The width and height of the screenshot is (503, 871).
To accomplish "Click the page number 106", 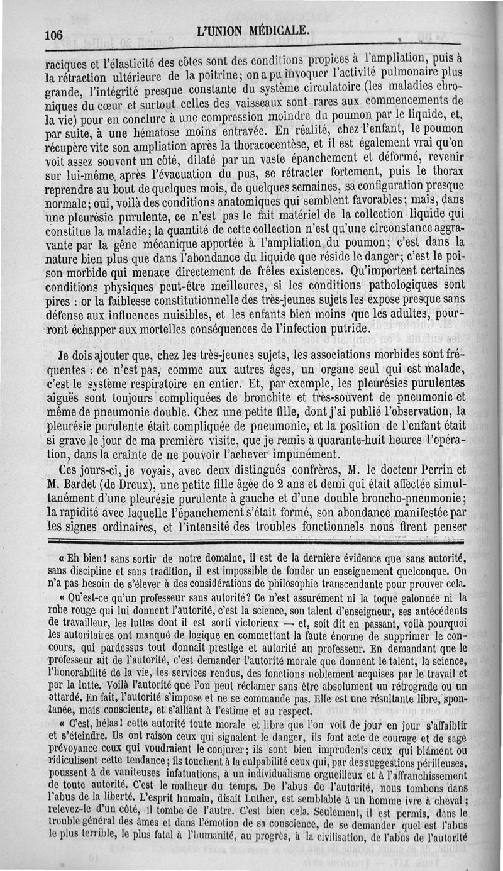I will click(x=53, y=35).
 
